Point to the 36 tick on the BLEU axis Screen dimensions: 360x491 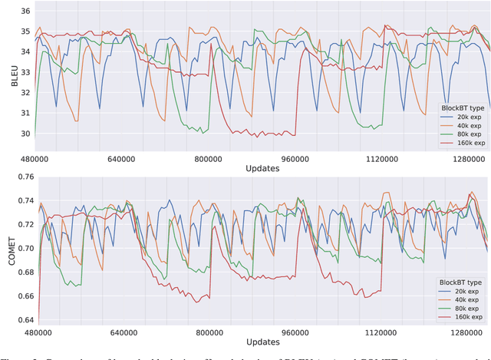tap(25, 12)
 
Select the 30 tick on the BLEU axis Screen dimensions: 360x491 tap(25, 134)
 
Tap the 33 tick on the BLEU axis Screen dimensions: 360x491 tap(25, 72)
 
